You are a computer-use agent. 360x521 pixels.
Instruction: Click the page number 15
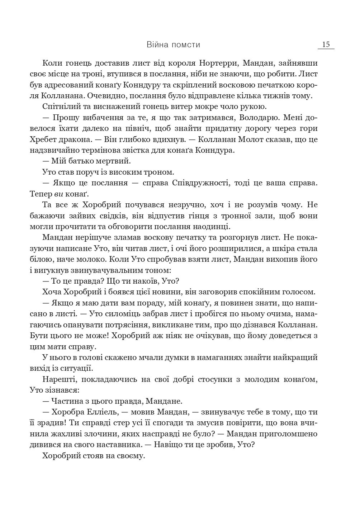click(326, 44)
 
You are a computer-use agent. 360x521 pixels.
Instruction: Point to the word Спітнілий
click(60, 107)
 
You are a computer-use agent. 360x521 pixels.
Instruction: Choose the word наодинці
click(209, 227)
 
